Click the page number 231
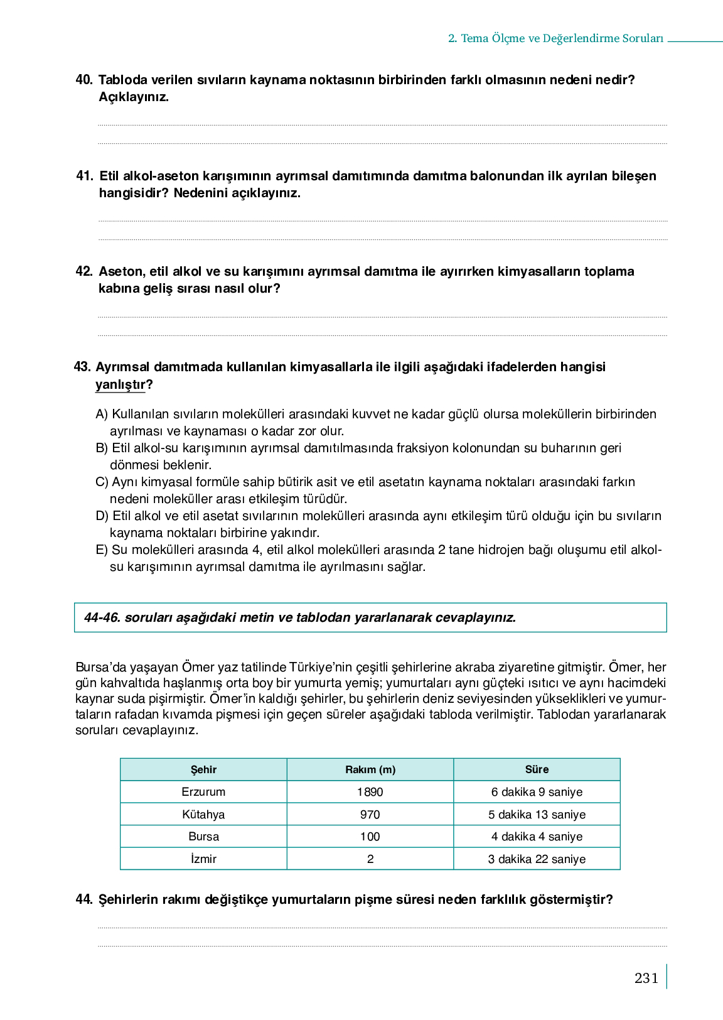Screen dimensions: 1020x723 click(646, 978)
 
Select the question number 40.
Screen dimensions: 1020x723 click(84, 80)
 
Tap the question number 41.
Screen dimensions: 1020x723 click(85, 176)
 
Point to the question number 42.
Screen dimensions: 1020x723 click(84, 271)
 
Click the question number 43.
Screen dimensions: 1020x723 click(82, 367)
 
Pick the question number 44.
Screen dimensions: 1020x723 click(84, 899)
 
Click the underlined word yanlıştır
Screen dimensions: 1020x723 click(120, 384)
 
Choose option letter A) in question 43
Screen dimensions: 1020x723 click(102, 414)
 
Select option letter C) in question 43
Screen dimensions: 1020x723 click(102, 482)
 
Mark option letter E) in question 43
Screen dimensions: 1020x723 click(102, 550)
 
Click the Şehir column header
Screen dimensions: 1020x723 click(203, 769)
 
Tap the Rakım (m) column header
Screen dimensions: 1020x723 click(370, 769)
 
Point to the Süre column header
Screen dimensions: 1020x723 click(537, 769)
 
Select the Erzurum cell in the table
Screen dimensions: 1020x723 click(203, 792)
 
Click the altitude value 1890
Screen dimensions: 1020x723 click(370, 792)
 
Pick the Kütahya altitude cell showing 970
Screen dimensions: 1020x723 click(370, 815)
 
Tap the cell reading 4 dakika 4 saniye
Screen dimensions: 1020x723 click(537, 837)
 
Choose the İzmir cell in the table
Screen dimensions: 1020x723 click(203, 859)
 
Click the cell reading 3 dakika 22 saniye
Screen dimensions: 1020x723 click(537, 859)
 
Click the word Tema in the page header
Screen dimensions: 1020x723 click(474, 38)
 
